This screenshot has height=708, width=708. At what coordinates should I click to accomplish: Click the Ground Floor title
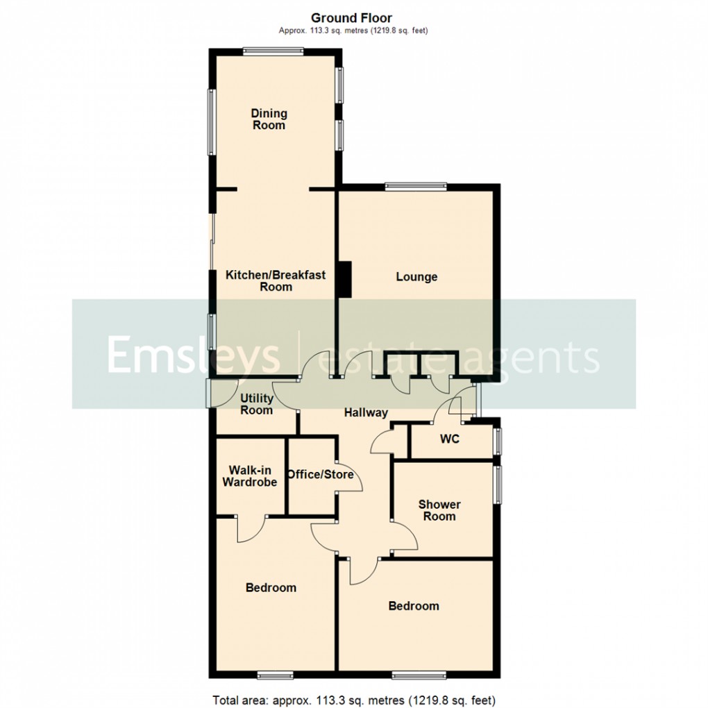pyautogui.click(x=351, y=18)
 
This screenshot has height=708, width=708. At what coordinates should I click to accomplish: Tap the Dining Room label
pyautogui.click(x=269, y=119)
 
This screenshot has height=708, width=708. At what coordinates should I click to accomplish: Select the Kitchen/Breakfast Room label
pyautogui.click(x=276, y=281)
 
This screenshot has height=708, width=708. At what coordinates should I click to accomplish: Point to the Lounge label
pyautogui.click(x=416, y=277)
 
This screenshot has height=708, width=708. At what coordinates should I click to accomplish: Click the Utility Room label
pyautogui.click(x=256, y=405)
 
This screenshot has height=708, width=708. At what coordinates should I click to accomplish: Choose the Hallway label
pyautogui.click(x=366, y=413)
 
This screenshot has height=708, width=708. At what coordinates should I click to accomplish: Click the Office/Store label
pyautogui.click(x=321, y=475)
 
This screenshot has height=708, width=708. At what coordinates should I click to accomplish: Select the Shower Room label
pyautogui.click(x=439, y=510)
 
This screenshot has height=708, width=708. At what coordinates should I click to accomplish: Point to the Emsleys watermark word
pyautogui.click(x=192, y=355)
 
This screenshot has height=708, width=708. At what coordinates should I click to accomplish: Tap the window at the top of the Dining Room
pyautogui.click(x=273, y=49)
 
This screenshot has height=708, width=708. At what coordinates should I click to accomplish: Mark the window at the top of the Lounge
pyautogui.click(x=416, y=185)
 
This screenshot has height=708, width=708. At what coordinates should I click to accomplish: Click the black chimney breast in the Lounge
pyautogui.click(x=344, y=279)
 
